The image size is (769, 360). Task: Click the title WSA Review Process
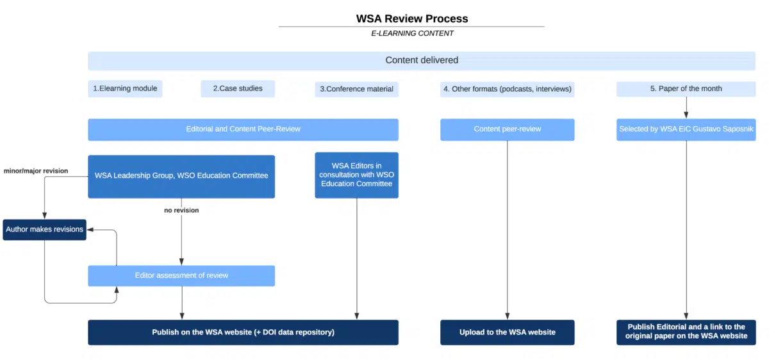point(412,19)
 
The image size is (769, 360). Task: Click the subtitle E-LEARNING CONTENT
point(411,33)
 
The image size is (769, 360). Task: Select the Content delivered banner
point(421,60)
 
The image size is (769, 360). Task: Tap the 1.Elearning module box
point(125,88)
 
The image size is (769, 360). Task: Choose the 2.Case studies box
point(238,88)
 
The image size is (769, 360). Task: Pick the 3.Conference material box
point(357,89)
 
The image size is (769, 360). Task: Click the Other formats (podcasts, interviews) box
point(507,89)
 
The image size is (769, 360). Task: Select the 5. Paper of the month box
point(686,89)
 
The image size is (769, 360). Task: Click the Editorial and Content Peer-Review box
point(243,129)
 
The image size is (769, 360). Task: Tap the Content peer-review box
point(507,129)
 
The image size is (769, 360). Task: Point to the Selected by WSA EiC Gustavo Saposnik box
point(686,129)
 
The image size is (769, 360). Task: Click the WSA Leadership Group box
point(181,176)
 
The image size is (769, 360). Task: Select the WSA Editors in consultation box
point(356,175)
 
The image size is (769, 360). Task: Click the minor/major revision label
point(36,171)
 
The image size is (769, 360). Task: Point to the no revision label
point(181,210)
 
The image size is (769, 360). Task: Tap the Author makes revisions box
point(44,229)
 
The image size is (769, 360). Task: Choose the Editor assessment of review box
point(181,275)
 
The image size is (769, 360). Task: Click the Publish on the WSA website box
point(243,332)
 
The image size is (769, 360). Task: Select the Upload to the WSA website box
point(507,332)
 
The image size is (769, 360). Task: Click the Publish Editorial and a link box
point(686,332)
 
